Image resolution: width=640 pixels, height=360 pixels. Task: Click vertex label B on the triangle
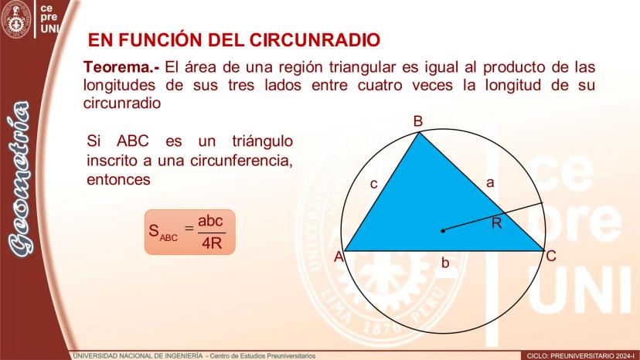click(x=417, y=121)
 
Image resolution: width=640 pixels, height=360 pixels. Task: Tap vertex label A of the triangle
click(x=339, y=256)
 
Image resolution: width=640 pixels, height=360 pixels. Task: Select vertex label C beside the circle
click(x=551, y=256)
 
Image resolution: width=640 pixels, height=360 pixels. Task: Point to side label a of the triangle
click(x=490, y=182)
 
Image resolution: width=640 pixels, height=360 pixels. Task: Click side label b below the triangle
click(x=445, y=263)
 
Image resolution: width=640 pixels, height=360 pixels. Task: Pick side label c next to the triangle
click(x=373, y=184)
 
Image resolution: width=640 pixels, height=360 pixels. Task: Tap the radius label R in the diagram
click(x=496, y=222)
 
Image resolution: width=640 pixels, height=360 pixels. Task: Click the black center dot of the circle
click(x=443, y=231)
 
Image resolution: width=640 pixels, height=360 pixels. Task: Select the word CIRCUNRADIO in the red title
click(x=315, y=40)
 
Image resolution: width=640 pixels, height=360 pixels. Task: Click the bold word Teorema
click(x=121, y=66)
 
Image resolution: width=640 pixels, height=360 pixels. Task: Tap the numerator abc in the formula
click(x=210, y=221)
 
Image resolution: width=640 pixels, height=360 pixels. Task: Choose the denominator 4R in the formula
click(x=212, y=243)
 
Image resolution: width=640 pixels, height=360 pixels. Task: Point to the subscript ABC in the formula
click(x=169, y=237)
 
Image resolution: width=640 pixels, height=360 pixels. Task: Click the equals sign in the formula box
click(x=189, y=228)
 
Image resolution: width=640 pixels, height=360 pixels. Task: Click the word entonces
click(x=118, y=179)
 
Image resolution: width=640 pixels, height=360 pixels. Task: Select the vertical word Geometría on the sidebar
click(x=19, y=178)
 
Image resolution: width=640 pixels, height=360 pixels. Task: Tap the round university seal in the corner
click(x=16, y=19)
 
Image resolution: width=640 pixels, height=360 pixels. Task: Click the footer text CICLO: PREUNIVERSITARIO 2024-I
click(x=581, y=356)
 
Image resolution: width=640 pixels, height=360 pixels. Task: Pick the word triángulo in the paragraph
click(x=263, y=141)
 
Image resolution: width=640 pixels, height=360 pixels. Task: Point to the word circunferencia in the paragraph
click(x=241, y=161)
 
